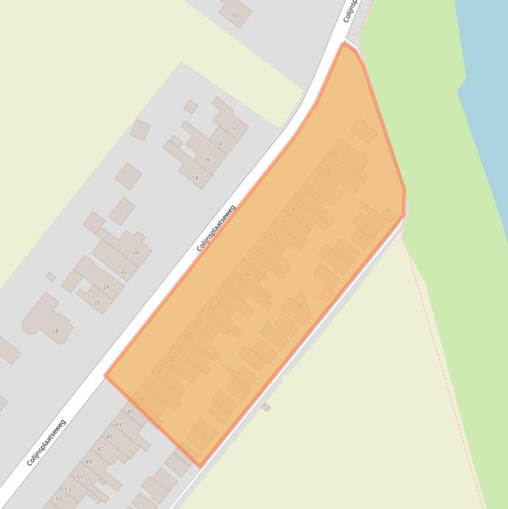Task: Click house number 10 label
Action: [235, 15]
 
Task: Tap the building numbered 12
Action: [234, 128]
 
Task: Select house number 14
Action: [219, 144]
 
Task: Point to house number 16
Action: [207, 160]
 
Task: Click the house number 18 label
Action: [195, 178]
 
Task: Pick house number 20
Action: [136, 253]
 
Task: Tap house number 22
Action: [124, 272]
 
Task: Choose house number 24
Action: [106, 288]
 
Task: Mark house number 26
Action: [97, 303]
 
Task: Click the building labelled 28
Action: [55, 331]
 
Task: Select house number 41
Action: [129, 412]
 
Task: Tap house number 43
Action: [118, 424]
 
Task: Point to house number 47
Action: [100, 450]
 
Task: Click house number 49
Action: [89, 462]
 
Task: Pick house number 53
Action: [67, 490]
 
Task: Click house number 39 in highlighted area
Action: [142, 400]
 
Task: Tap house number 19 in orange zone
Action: [246, 275]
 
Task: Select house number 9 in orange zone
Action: [293, 210]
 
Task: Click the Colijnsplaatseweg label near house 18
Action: [216, 229]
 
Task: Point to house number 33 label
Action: [172, 360]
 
